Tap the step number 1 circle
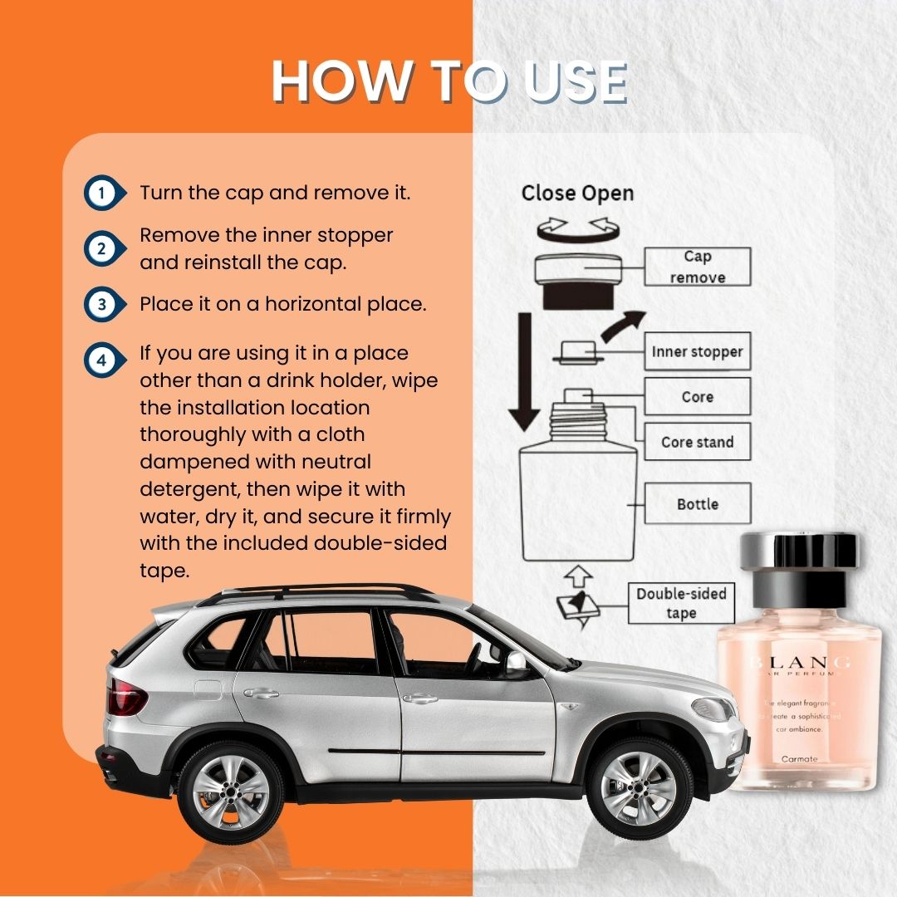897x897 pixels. (101, 194)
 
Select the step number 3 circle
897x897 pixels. (101, 304)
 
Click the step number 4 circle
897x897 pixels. (101, 361)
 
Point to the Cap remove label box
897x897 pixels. (697, 267)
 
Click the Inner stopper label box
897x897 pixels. (697, 352)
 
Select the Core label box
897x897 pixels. (697, 397)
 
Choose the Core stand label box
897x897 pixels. (697, 442)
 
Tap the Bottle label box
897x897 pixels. (697, 503)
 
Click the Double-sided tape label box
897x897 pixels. (681, 603)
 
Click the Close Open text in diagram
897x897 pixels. (577, 194)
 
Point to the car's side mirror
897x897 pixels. (515, 660)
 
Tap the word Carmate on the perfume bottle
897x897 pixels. (799, 758)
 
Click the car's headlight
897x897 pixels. (713, 708)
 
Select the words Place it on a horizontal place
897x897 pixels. (282, 304)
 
